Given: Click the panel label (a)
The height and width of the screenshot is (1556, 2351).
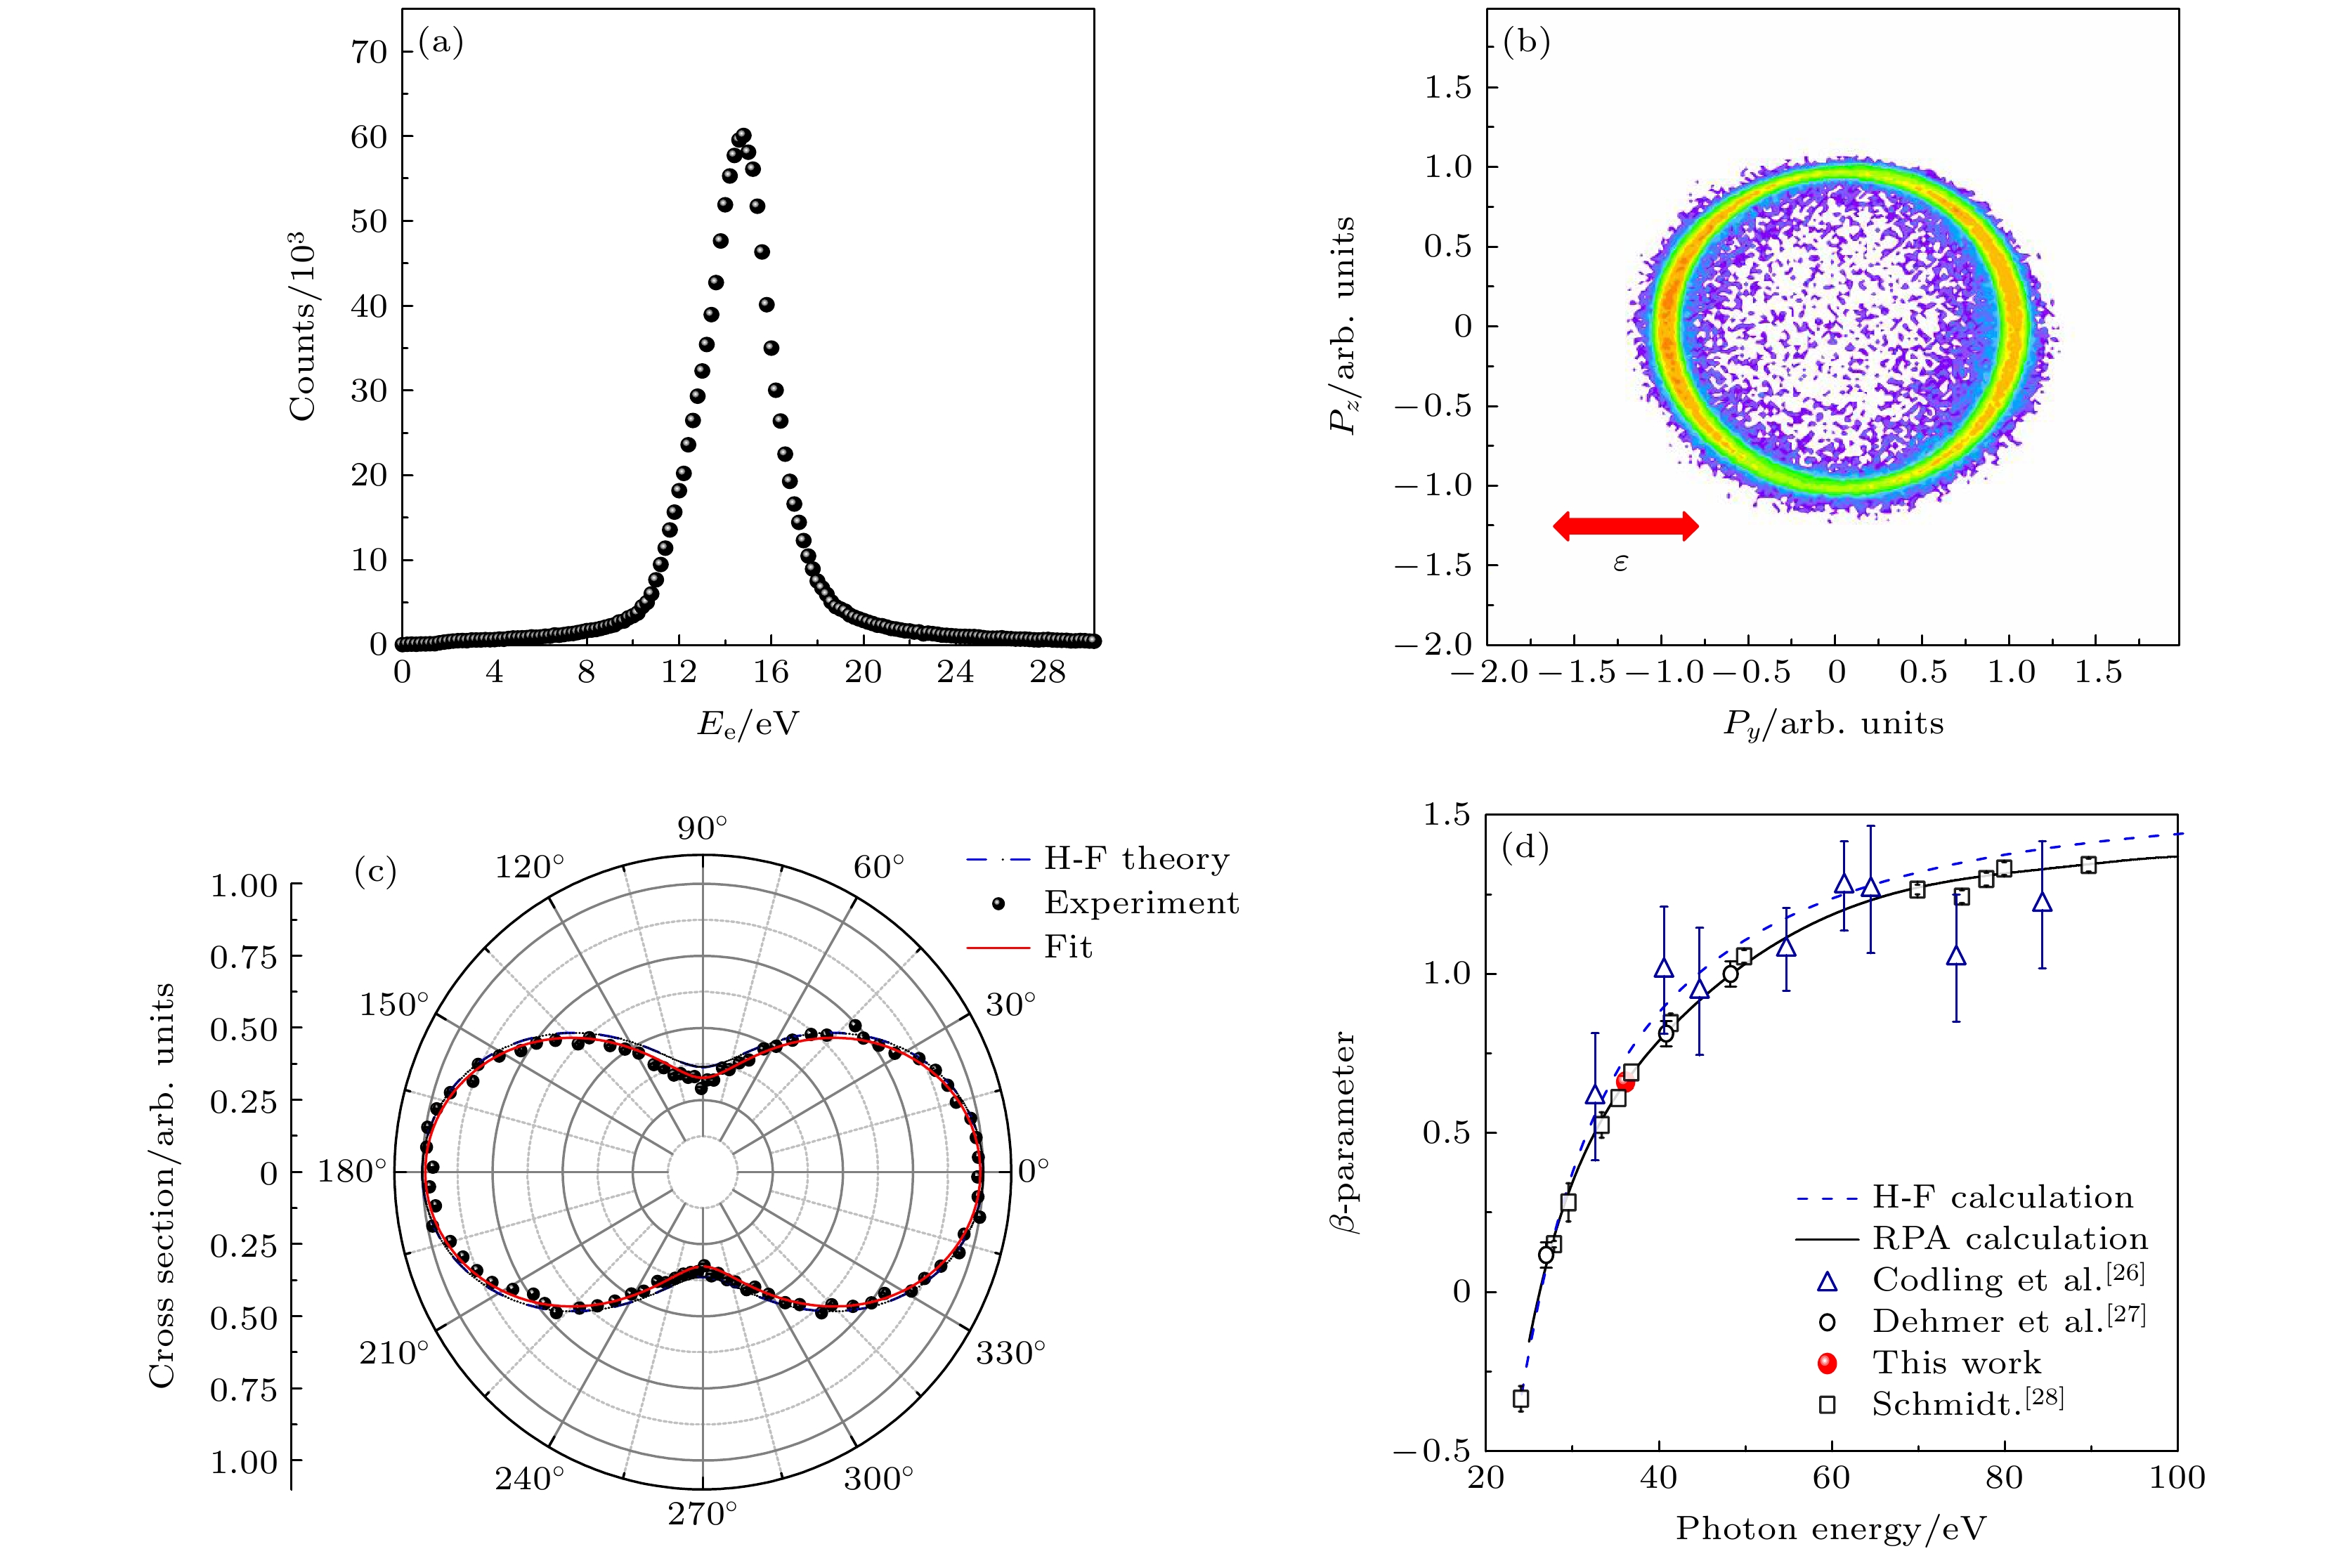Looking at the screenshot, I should coord(441,43).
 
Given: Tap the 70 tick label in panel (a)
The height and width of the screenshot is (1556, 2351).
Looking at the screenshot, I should coord(369,51).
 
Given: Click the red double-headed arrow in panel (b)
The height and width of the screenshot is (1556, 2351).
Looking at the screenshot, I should coord(1624,526).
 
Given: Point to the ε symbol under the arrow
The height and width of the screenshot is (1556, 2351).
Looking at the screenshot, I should coord(1620,563).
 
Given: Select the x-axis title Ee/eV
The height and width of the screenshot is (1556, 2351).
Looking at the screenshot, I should coord(748,724).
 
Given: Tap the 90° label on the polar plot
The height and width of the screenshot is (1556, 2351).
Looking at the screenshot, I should coord(703,829).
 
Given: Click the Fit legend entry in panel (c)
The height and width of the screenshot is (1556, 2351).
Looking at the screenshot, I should coord(1068,948).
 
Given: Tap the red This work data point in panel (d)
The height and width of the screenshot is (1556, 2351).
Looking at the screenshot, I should coord(1624,1083).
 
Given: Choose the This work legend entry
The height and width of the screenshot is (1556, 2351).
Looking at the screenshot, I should coord(1955,1364).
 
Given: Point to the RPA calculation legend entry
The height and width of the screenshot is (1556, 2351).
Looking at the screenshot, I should coord(2009,1239).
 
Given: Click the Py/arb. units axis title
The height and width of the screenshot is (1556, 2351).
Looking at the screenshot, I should coord(1832,724).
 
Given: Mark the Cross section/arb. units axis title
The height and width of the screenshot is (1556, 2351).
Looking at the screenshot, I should coord(162,1185).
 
